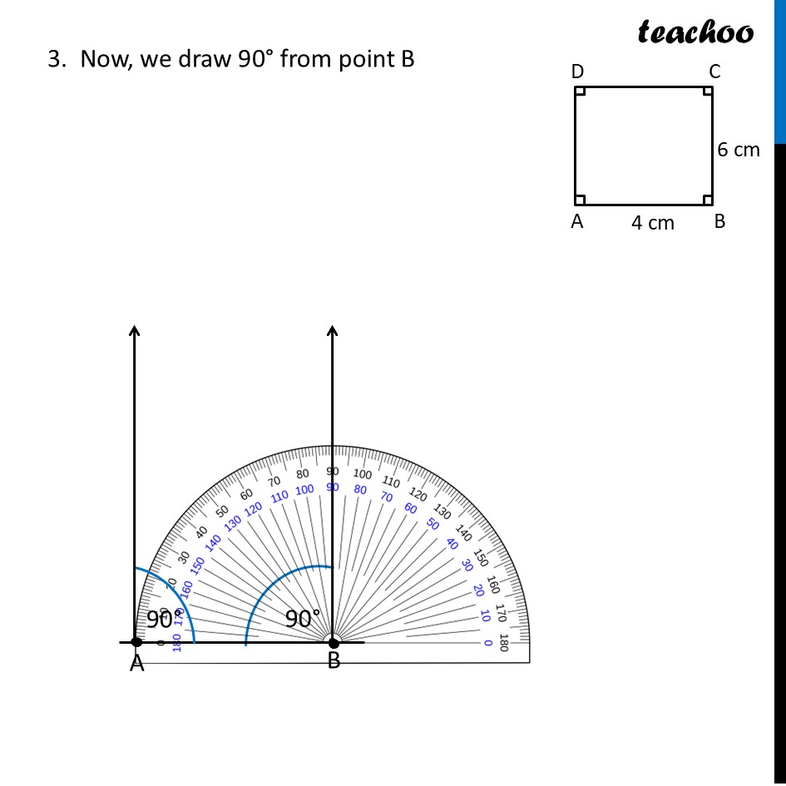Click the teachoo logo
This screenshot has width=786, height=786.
695,32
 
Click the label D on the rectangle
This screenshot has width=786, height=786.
577,72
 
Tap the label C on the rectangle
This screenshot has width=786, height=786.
714,72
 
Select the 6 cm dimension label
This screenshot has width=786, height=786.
739,150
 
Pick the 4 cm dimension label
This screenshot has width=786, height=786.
652,223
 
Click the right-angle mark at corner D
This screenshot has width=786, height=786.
581,91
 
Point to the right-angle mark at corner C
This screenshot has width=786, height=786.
708,91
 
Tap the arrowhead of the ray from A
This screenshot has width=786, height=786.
135,331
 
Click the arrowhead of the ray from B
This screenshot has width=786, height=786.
333,331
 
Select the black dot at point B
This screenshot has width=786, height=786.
334,642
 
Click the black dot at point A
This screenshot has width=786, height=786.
136,642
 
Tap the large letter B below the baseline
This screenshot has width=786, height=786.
334,661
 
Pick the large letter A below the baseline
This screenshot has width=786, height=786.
137,664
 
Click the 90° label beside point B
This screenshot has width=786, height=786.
303,619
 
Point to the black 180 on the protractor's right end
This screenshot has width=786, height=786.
503,643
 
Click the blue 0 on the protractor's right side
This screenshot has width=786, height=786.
487,643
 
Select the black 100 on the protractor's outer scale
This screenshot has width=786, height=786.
363,474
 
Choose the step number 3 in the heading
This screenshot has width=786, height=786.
56,60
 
